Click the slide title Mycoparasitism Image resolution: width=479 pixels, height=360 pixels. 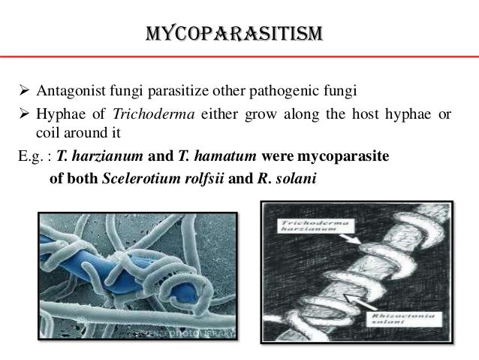235,35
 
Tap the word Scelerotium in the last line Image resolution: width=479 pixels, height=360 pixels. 134,177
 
